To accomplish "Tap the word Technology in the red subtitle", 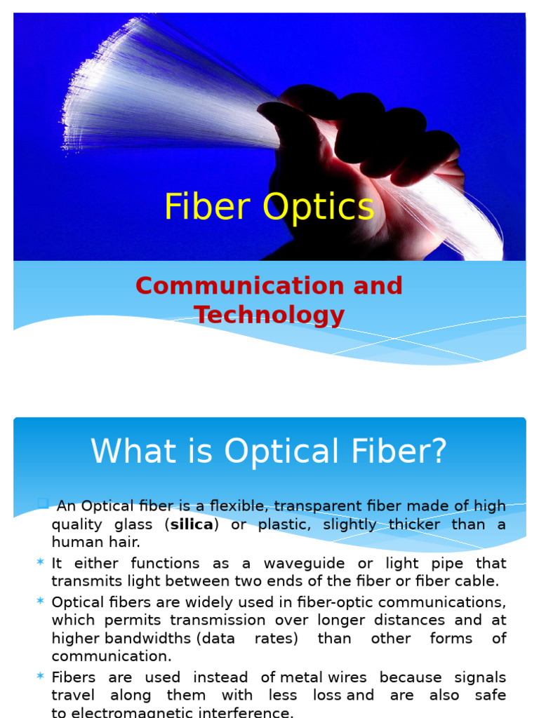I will point(269,315).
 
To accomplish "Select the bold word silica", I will point(192,524).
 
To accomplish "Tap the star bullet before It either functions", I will point(39,563).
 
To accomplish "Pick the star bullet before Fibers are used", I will point(39,677).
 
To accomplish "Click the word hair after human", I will point(126,542).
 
